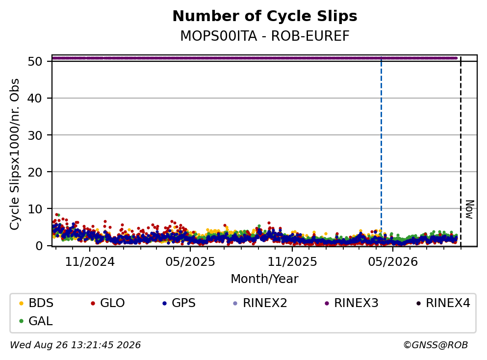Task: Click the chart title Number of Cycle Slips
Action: [x=265, y=16]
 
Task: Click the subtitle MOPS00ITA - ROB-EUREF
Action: [x=265, y=36]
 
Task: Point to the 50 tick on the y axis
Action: [x=35, y=61]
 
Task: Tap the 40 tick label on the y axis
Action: [x=35, y=99]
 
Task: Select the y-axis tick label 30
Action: [x=35, y=135]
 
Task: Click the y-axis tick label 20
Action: [x=35, y=172]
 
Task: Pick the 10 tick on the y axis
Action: [x=35, y=209]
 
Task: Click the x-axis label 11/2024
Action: [x=90, y=262]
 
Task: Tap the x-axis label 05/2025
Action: [x=190, y=262]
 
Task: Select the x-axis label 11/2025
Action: [x=292, y=262]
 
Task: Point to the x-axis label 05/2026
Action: [x=393, y=262]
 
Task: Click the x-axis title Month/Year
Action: [x=264, y=279]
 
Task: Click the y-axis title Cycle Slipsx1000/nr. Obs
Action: [x=14, y=154]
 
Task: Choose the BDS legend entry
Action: [x=36, y=303]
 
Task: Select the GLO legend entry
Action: [x=108, y=303]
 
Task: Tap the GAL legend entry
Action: [x=36, y=321]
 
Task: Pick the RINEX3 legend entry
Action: [x=352, y=303]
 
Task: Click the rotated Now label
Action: [x=470, y=209]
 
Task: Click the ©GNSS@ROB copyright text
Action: [x=436, y=345]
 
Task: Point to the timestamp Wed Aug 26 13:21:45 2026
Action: [x=76, y=345]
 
